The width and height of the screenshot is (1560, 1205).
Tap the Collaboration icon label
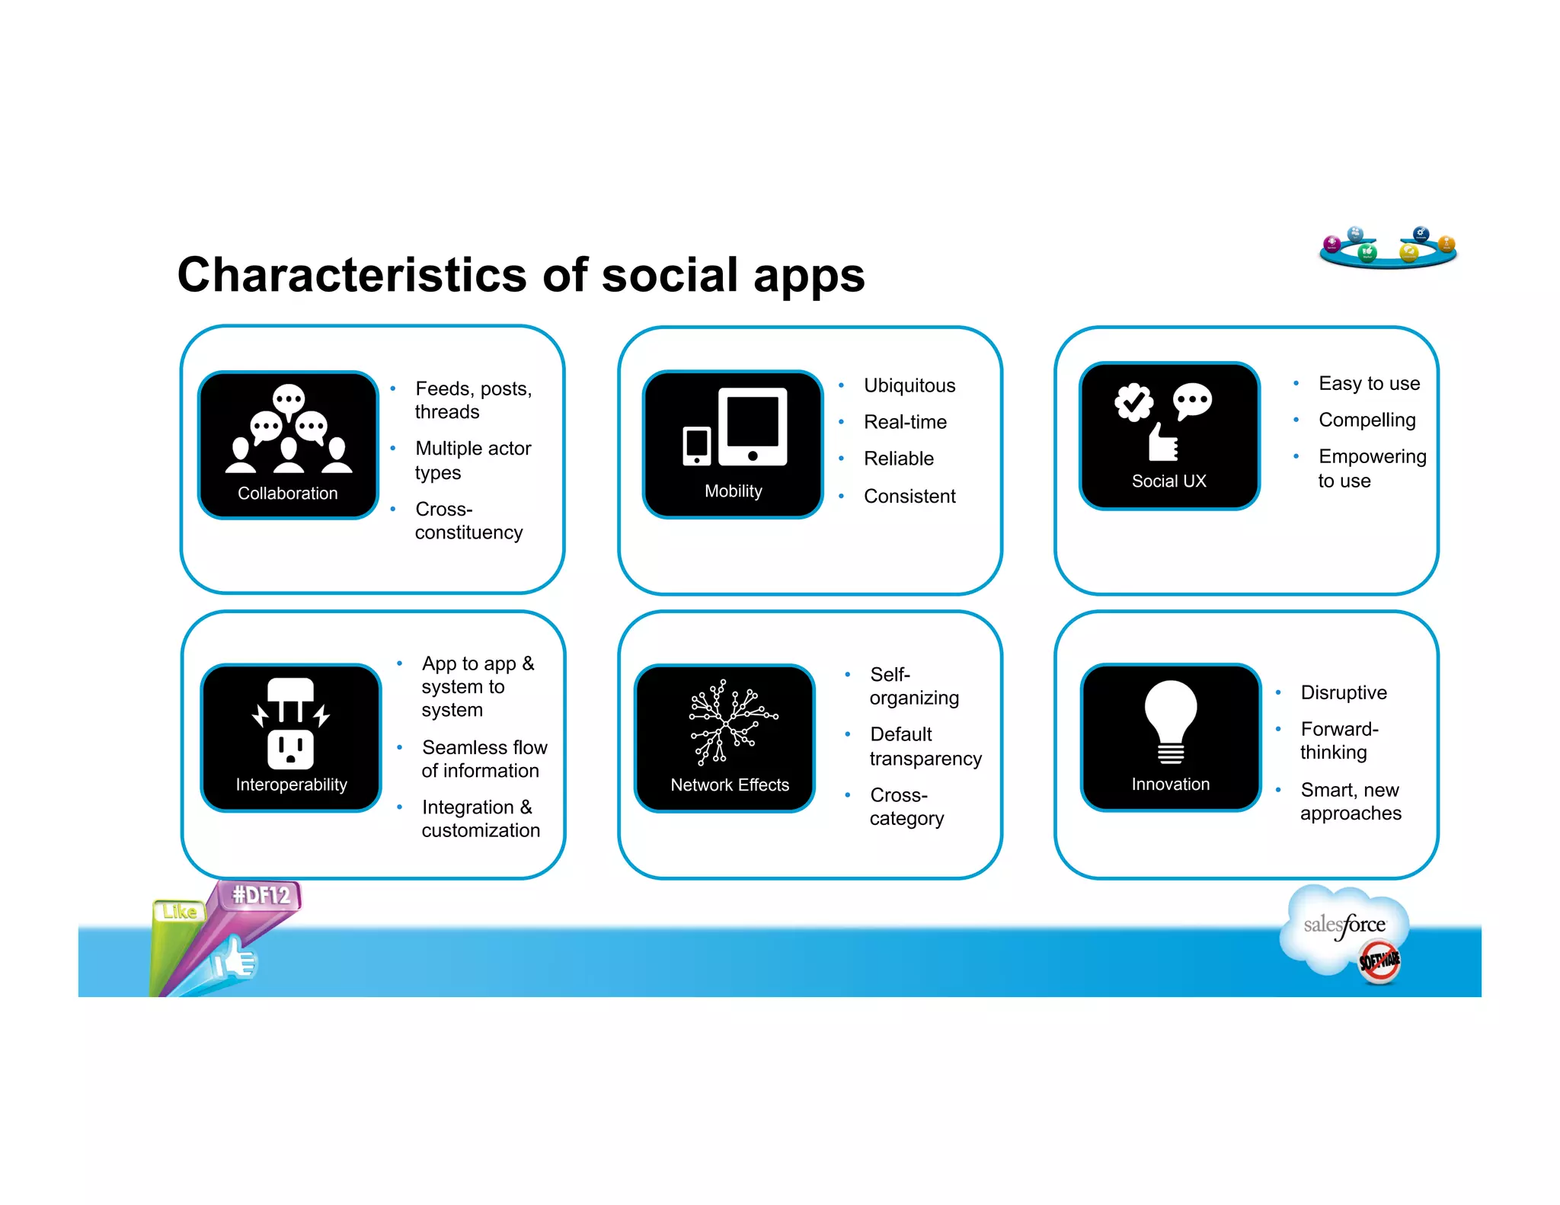coord(287,493)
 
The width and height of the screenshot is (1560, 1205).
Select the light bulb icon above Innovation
coord(1170,720)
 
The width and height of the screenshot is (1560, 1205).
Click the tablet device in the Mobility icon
coord(753,426)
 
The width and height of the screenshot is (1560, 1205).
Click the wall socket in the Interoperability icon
coord(290,750)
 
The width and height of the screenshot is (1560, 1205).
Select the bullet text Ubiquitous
coord(909,385)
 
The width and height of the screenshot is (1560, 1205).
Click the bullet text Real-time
coord(905,422)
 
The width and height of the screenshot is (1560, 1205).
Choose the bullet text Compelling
coord(1367,420)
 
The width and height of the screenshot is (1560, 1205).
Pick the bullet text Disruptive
coord(1343,692)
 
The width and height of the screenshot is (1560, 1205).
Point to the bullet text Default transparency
coord(925,746)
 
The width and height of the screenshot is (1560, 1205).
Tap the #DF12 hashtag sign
coord(261,895)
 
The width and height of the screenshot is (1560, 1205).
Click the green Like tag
coord(180,912)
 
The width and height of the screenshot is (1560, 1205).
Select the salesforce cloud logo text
coord(1344,925)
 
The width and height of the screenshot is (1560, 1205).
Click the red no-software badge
coord(1379,961)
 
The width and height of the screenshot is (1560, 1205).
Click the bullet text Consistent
coord(909,496)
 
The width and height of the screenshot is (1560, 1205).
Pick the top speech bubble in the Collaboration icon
coord(289,398)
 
